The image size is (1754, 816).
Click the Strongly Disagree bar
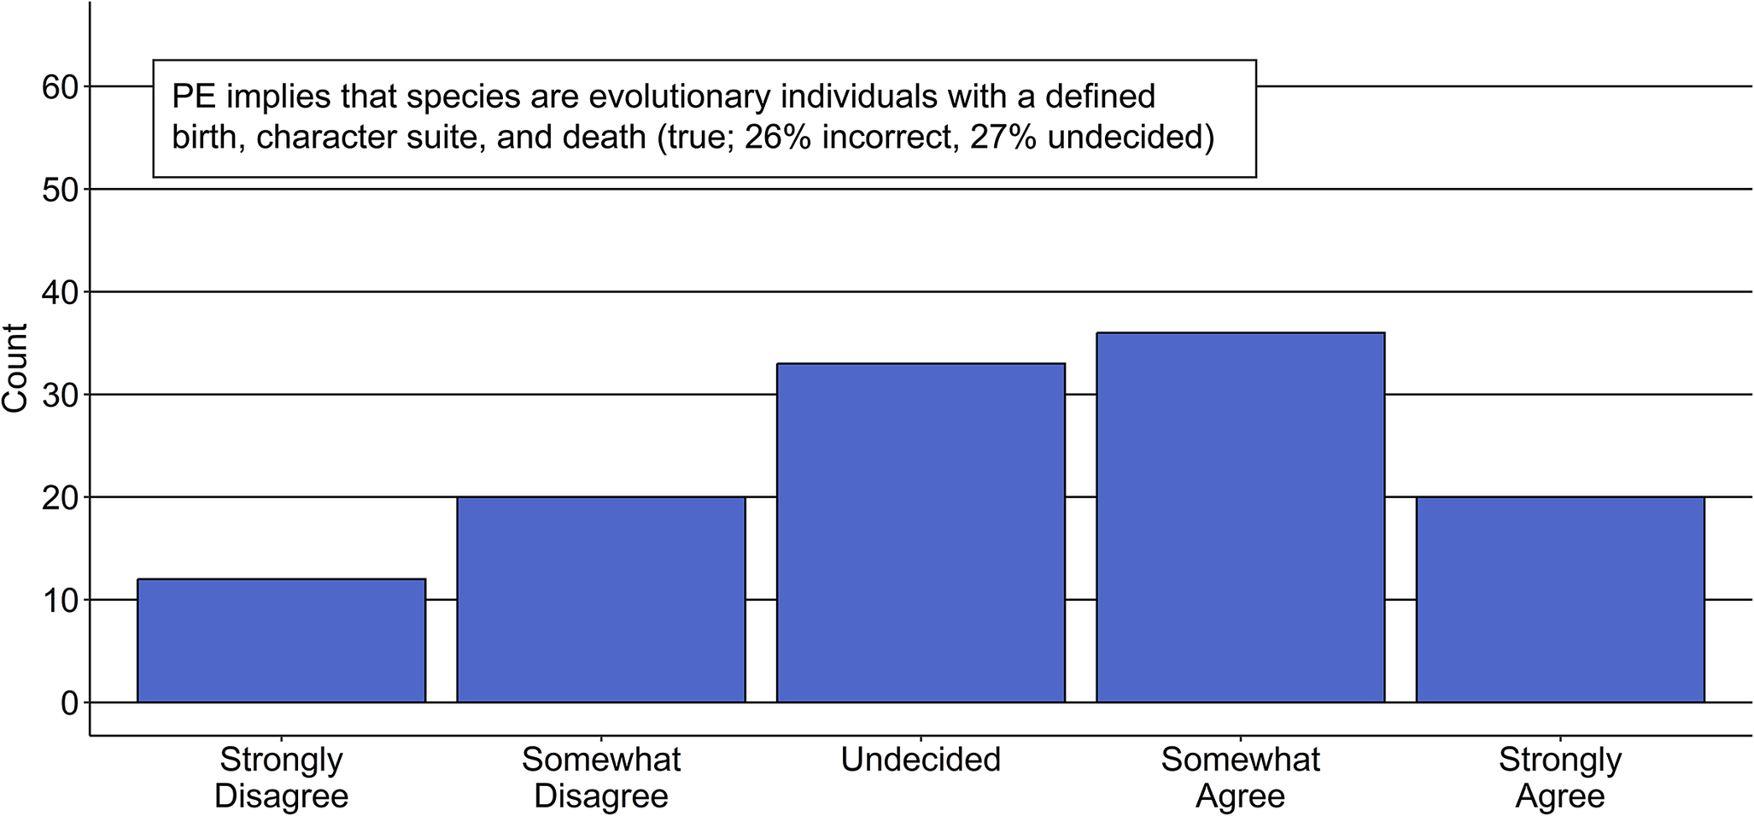pyautogui.click(x=281, y=641)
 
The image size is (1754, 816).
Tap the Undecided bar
pyautogui.click(x=921, y=533)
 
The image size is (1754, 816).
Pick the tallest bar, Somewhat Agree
pyautogui.click(x=1240, y=518)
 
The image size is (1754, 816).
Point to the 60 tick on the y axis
pyautogui.click(x=60, y=87)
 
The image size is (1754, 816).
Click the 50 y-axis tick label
pyautogui.click(x=60, y=190)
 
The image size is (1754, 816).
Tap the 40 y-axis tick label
pyautogui.click(x=60, y=292)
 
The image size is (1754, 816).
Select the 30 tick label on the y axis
pyautogui.click(x=60, y=395)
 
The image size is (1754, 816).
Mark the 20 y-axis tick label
pyautogui.click(x=60, y=497)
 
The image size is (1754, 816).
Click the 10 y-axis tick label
pyautogui.click(x=60, y=601)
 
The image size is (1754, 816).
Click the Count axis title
pyautogui.click(x=15, y=368)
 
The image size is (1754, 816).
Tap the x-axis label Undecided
pyautogui.click(x=921, y=760)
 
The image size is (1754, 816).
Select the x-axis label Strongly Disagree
pyautogui.click(x=281, y=778)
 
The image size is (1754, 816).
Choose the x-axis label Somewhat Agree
pyautogui.click(x=1240, y=778)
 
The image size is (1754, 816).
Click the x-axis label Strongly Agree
pyautogui.click(x=1560, y=778)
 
